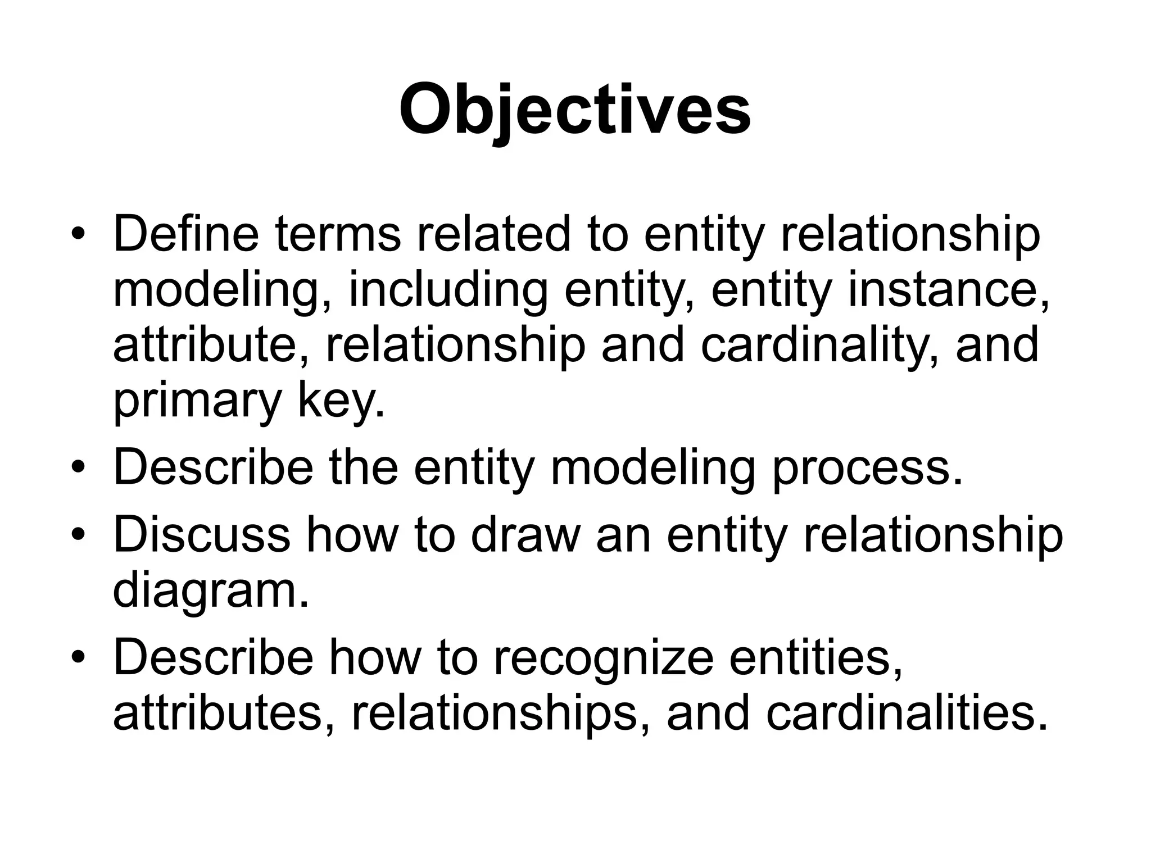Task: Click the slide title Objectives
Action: tap(574, 110)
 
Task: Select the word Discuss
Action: tap(202, 534)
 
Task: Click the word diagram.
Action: tap(211, 591)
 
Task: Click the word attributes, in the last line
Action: tap(225, 713)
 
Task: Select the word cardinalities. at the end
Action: tap(908, 713)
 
